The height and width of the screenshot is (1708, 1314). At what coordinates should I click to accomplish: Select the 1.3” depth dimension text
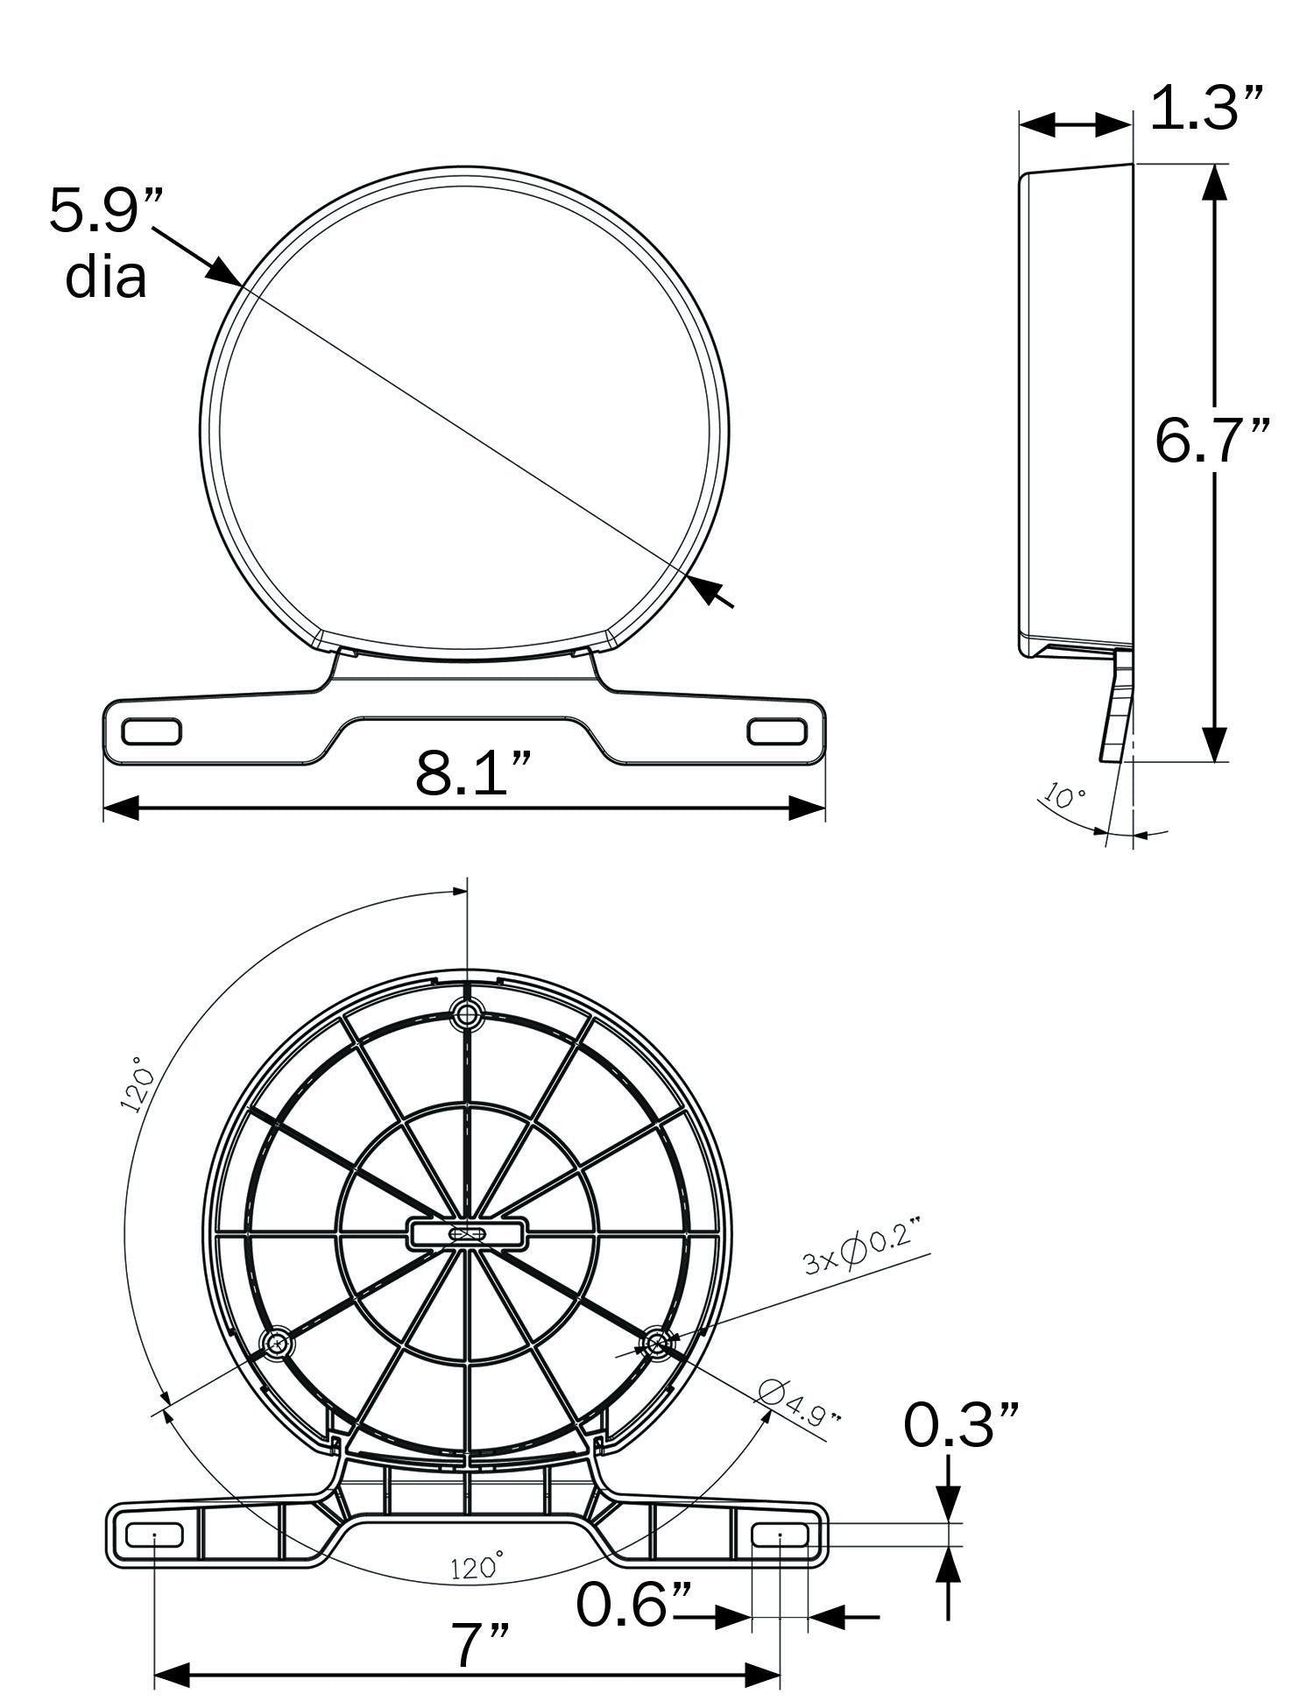point(1207,108)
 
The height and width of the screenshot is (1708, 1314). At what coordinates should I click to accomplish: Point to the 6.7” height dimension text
point(1212,440)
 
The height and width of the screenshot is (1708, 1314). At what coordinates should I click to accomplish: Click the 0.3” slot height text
point(962,1425)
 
